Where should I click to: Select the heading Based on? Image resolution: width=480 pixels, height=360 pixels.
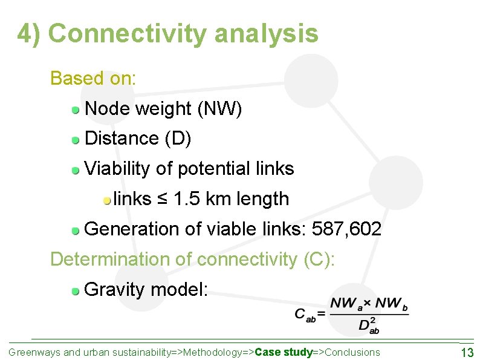point(94,79)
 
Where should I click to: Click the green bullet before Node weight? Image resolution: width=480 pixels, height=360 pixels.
point(76,110)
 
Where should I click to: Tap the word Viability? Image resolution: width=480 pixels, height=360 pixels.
point(118,169)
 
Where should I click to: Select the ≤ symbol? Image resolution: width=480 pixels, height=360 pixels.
point(162,199)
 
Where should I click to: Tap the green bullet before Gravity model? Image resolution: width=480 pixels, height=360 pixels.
point(76,291)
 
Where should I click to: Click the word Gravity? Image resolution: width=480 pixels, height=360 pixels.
point(115,290)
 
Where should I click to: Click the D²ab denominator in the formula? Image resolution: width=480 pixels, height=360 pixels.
point(368,326)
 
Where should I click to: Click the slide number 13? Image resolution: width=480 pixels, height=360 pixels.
point(467,353)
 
